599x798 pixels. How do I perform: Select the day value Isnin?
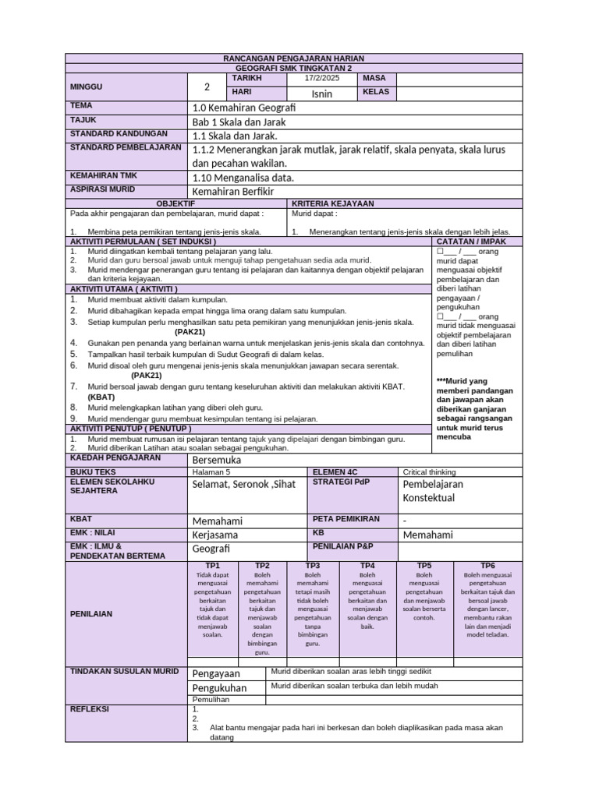321,94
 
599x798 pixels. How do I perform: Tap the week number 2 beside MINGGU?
207,87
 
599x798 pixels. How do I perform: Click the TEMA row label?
81,104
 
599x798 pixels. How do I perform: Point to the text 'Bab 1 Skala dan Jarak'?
239,122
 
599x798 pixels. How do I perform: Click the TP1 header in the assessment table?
212,565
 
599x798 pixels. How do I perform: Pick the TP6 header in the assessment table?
487,565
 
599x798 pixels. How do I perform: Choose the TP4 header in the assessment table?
367,565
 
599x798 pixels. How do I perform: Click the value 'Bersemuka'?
217,460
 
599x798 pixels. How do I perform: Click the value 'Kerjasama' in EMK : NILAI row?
216,535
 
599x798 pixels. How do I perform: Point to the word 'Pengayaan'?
216,673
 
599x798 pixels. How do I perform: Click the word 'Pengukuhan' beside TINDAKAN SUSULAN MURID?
219,688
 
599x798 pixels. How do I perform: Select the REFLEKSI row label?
90,709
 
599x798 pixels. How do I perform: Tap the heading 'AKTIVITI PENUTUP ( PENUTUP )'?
130,429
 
